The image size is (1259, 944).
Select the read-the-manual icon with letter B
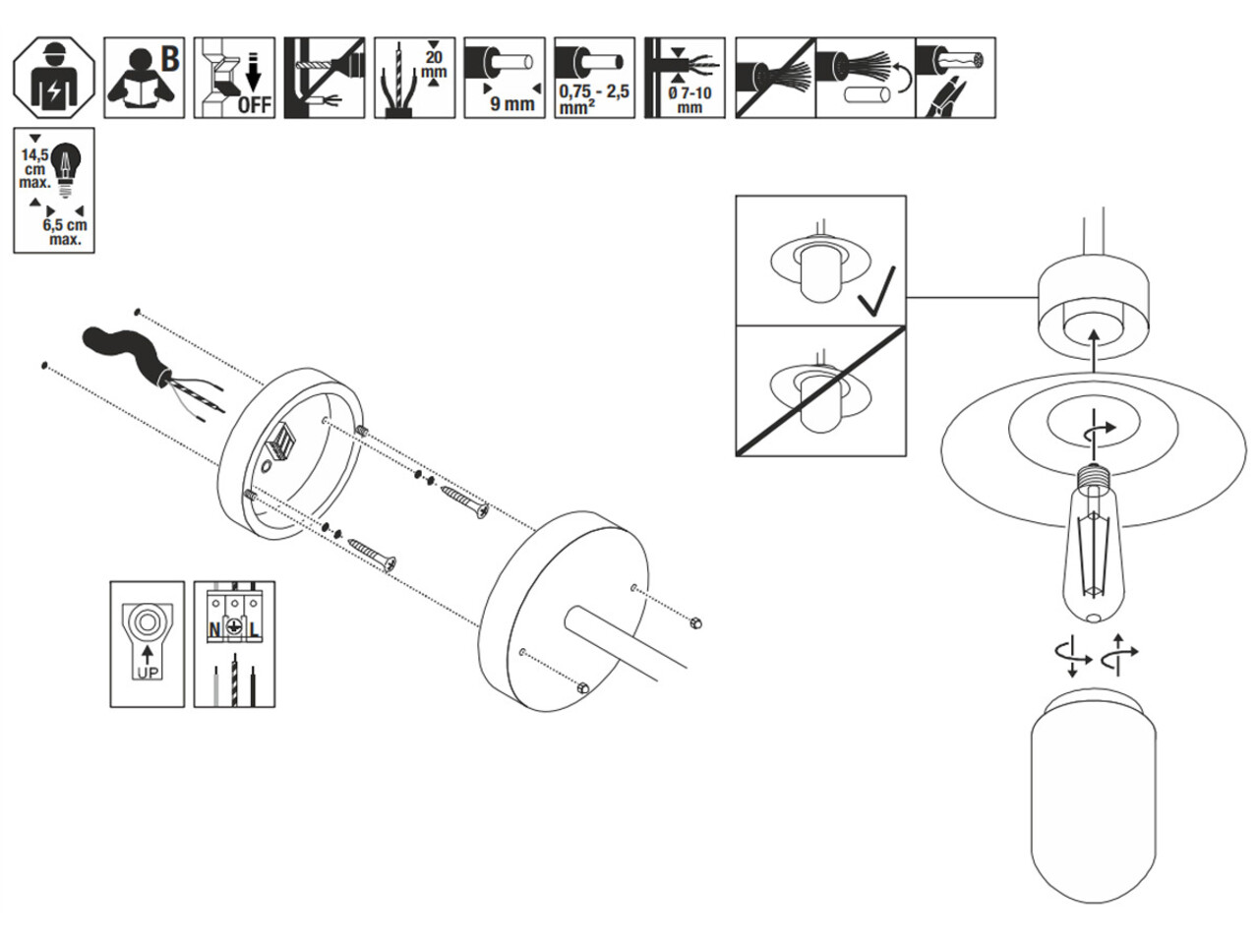144,78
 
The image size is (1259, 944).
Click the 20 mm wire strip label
433,63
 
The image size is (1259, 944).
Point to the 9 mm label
512,102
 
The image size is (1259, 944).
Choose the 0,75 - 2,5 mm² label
593,99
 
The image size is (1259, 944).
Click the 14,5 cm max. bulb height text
35,168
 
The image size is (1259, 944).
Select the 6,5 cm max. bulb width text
65,232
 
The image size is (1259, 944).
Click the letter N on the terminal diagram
213,628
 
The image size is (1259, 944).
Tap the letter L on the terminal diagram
255,628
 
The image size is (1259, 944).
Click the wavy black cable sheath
123,348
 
